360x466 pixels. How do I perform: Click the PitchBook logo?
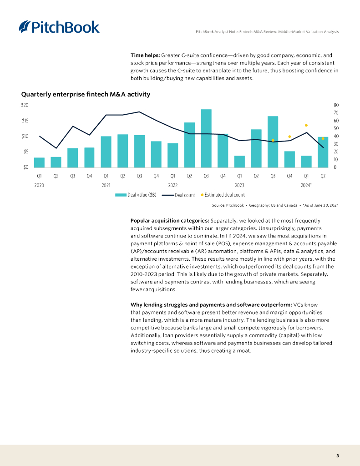pos(59,27)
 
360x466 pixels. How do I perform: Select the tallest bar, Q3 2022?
pos(206,138)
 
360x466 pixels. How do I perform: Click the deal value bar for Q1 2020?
pos(40,162)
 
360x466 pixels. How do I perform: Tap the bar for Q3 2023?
pos(273,142)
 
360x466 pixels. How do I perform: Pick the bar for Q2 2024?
pos(323,152)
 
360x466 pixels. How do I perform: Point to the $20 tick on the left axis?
pos(25,105)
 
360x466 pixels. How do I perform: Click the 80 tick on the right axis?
pos(336,105)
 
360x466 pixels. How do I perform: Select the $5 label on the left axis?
pos(26,152)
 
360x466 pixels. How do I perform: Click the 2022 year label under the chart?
pos(172,185)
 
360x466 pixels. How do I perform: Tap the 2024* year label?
pos(307,185)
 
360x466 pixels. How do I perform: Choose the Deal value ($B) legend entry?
pos(136,195)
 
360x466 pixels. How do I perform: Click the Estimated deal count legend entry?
pos(223,195)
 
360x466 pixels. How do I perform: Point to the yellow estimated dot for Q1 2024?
pos(306,125)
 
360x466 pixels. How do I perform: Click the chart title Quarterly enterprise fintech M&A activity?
pos(86,95)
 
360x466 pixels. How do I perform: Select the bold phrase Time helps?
pos(145,55)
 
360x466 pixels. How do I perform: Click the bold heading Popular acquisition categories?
pos(170,220)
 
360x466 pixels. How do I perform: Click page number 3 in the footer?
pos(338,456)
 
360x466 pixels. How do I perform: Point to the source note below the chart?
pos(275,206)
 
